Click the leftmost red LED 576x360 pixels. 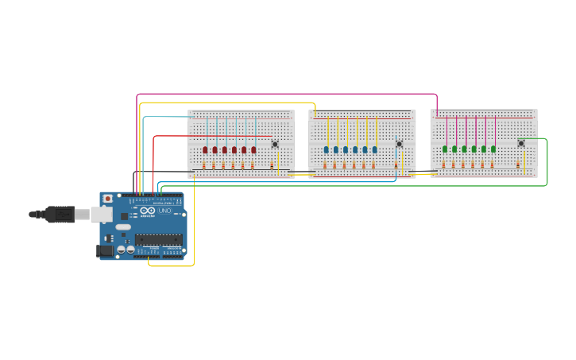coord(205,149)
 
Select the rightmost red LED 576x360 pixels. coord(253,149)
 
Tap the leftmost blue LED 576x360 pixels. coord(327,149)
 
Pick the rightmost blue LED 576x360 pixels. coord(374,149)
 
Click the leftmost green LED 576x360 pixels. coord(445,149)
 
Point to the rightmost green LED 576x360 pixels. coord(493,149)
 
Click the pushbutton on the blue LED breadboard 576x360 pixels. coord(399,144)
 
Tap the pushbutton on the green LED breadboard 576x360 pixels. coord(521,143)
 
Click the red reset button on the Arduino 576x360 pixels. coord(107,199)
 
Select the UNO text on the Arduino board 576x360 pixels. coord(164,211)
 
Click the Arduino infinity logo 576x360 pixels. coord(148,211)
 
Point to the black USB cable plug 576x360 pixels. coord(60,215)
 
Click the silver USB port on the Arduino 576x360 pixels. coord(101,214)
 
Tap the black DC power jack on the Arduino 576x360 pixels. coord(104,250)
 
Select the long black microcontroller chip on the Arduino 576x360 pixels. coord(158,239)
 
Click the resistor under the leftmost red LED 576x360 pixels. coord(204,165)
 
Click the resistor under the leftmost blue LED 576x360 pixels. coord(325,165)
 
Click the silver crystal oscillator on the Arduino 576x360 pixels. coord(123,226)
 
